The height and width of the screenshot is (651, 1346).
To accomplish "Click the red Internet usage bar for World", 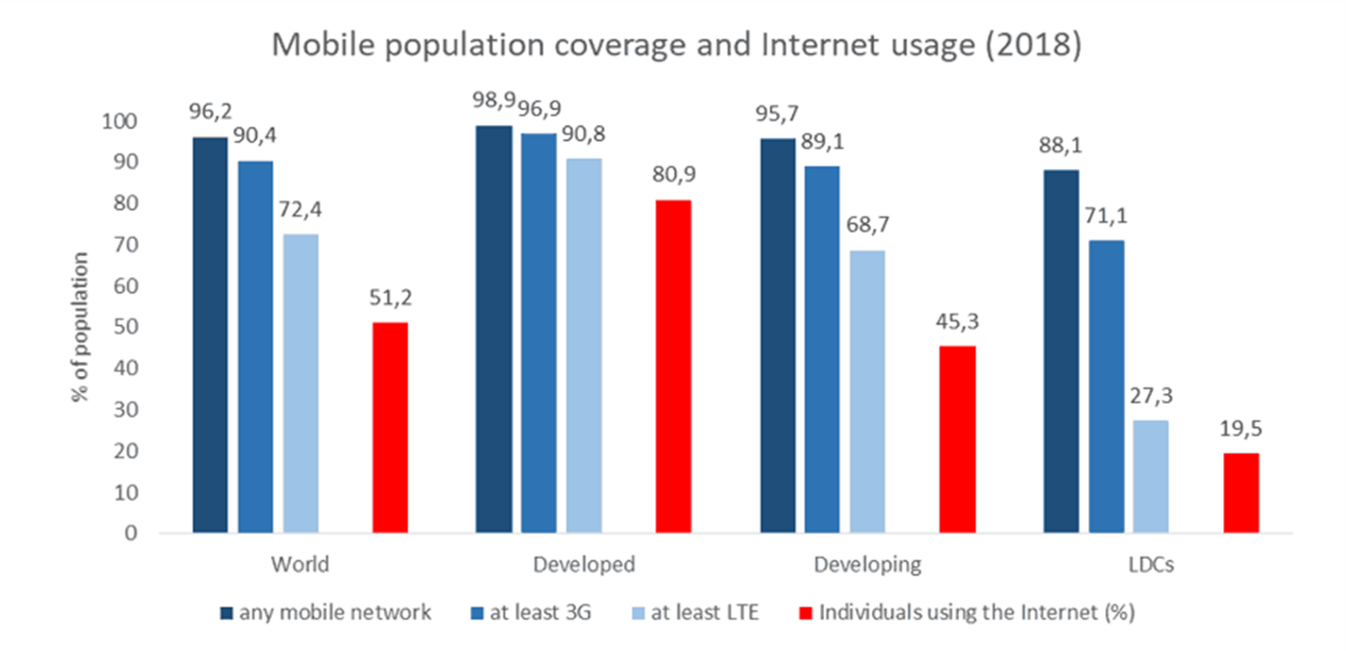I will point(390,428).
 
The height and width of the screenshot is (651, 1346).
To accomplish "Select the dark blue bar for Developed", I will point(494,329).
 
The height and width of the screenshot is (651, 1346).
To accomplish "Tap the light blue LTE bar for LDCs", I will point(1150,477).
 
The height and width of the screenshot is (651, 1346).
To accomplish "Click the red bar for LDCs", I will point(1241,492).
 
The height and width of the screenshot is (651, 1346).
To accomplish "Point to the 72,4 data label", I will point(301,210).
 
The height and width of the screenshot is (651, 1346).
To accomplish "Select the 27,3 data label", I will point(1150,397).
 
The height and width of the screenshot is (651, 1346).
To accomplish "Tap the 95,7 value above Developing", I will point(778,115).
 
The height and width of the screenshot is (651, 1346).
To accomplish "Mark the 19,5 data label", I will point(1241,430).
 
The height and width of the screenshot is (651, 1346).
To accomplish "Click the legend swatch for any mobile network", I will point(226,613).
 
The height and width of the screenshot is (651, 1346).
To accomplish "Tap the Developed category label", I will point(583,564).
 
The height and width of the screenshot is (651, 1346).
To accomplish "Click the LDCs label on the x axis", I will point(1151,564).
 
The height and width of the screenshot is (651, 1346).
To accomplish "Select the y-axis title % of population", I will point(81,327).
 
